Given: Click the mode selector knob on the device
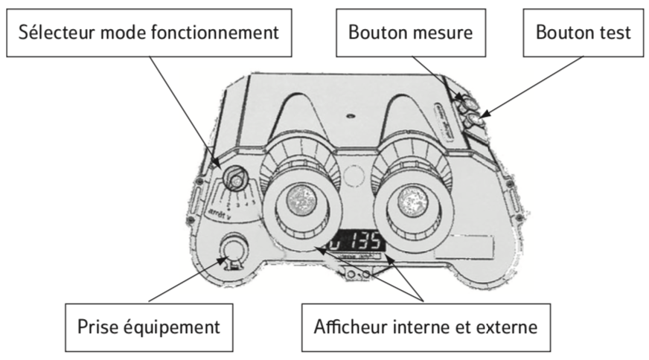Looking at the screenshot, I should [237, 180].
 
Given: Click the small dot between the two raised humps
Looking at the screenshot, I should [349, 116].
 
